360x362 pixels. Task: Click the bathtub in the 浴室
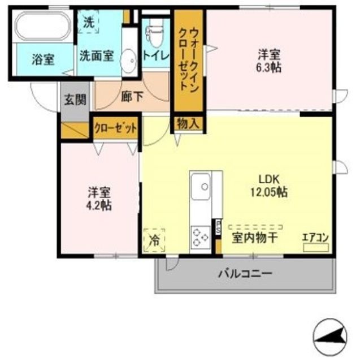pos(42,28)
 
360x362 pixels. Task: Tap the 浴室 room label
pos(43,59)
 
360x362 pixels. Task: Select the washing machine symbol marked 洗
pos(89,23)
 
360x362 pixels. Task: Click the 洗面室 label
pos(97,55)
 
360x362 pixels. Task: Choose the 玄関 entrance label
pos(75,101)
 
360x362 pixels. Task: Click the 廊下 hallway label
pos(132,96)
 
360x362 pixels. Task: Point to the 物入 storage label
pos(187,123)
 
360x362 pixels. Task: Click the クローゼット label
pos(116,128)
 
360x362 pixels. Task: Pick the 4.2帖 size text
pos(99,205)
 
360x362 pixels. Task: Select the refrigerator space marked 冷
pos(154,240)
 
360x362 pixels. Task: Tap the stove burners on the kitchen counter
pos(200,236)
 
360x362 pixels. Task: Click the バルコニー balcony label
pos(245,274)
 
